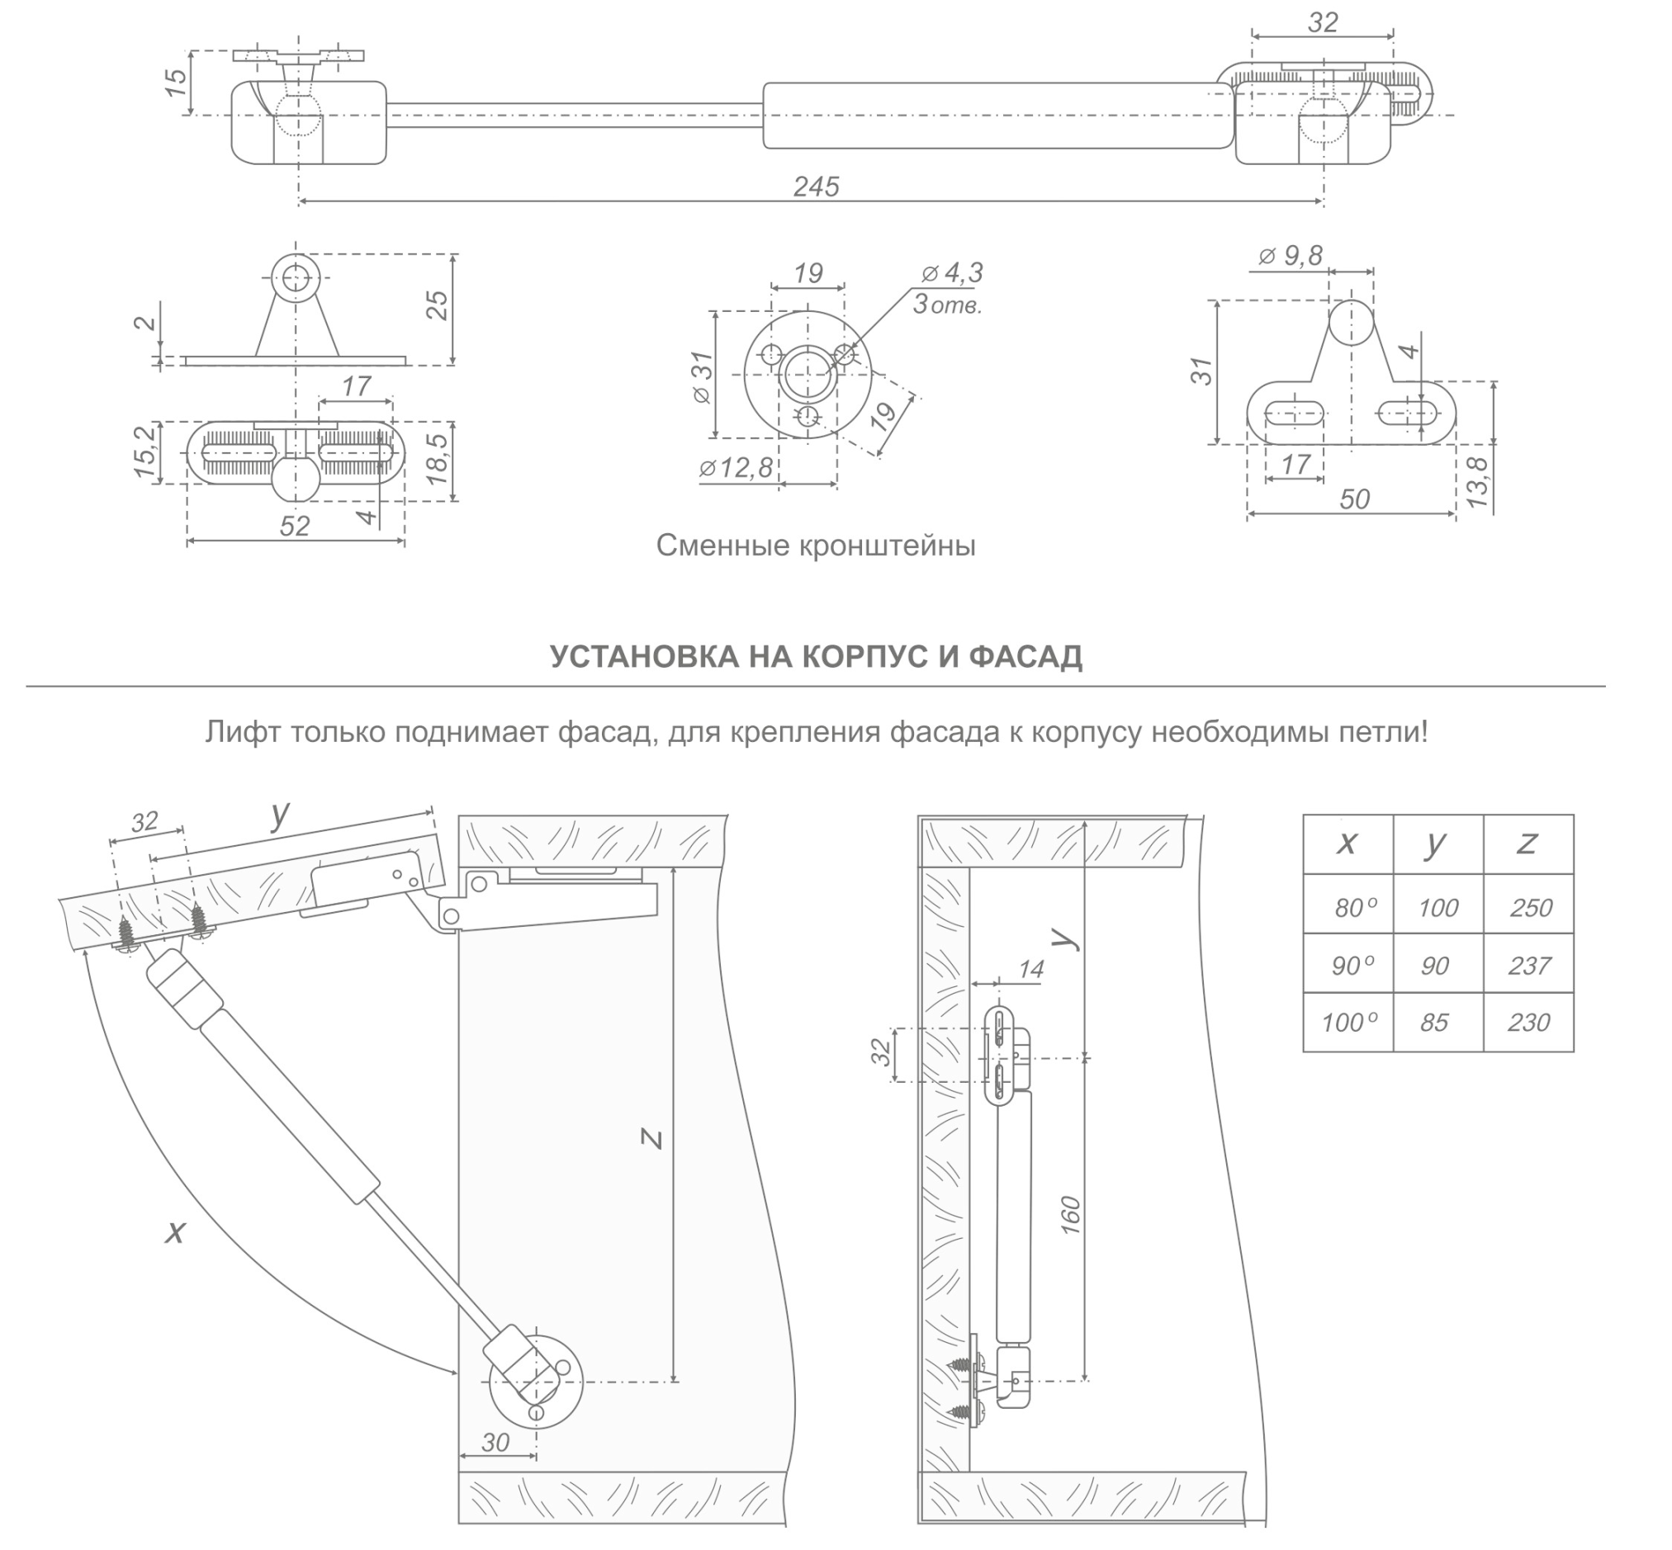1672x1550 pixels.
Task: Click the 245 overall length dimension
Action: click(x=816, y=187)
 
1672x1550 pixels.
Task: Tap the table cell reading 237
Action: click(x=1528, y=966)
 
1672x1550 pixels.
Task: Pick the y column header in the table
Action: click(x=1435, y=842)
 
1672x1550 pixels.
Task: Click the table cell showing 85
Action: click(x=1433, y=1023)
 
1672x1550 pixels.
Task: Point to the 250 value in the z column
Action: click(x=1530, y=908)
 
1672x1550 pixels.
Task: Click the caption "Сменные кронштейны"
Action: click(x=816, y=546)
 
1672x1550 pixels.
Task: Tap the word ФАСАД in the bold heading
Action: click(x=1025, y=657)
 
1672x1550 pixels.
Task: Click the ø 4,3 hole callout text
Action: click(x=952, y=272)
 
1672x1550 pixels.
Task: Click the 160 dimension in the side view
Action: click(x=1070, y=1215)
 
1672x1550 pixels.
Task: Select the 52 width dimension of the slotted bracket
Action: click(x=295, y=526)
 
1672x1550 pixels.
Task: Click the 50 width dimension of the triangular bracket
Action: click(x=1354, y=499)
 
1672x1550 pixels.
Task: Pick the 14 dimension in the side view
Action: click(x=1030, y=969)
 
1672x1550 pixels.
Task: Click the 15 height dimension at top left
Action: click(x=176, y=81)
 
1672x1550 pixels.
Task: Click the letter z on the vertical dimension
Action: click(x=651, y=1138)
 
